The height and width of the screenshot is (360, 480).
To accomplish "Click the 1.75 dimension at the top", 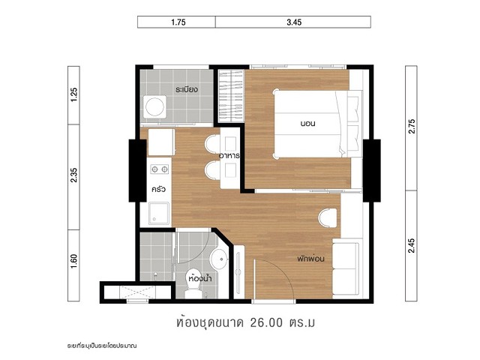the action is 178,22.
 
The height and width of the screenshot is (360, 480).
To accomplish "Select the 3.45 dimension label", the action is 294,22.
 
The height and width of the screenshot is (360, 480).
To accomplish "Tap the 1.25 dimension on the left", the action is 74,95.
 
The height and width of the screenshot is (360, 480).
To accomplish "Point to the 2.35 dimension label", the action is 74,175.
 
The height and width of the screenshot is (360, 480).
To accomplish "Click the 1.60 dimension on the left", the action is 74,262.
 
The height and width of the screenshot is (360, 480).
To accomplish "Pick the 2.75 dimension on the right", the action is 412,126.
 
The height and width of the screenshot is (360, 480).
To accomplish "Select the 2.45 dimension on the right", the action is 412,245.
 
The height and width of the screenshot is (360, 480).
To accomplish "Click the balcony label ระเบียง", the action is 187,90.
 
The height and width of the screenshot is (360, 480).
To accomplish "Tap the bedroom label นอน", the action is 308,124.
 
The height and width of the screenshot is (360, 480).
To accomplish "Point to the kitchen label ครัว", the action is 158,189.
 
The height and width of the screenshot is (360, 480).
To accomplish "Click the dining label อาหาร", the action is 229,155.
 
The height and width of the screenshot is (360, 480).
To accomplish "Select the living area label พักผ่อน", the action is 310,259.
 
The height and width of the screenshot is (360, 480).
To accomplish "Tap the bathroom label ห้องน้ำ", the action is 201,278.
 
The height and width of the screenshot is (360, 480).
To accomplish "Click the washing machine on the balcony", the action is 155,107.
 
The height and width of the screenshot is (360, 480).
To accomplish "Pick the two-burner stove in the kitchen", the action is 160,169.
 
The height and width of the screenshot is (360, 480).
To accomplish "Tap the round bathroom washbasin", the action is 220,259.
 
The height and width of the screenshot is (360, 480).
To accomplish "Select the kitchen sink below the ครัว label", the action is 158,213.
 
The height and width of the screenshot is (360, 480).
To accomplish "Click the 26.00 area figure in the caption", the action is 266,322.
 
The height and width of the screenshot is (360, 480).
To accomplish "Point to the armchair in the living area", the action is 328,218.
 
